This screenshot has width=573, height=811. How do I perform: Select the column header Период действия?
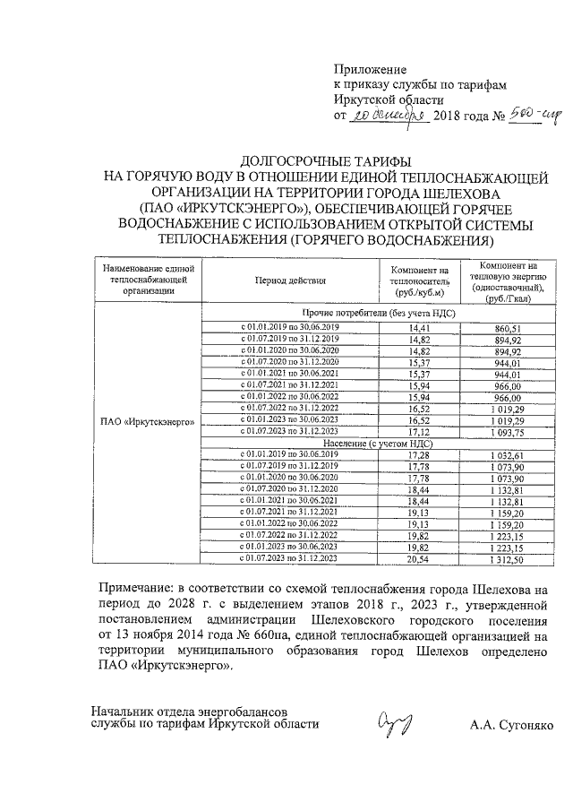[289, 280]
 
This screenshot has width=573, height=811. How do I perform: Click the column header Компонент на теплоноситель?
[419, 281]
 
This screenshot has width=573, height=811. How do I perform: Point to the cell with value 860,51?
[507, 328]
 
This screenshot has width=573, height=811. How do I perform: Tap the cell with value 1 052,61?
[507, 456]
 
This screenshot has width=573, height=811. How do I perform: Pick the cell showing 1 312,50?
[507, 558]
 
